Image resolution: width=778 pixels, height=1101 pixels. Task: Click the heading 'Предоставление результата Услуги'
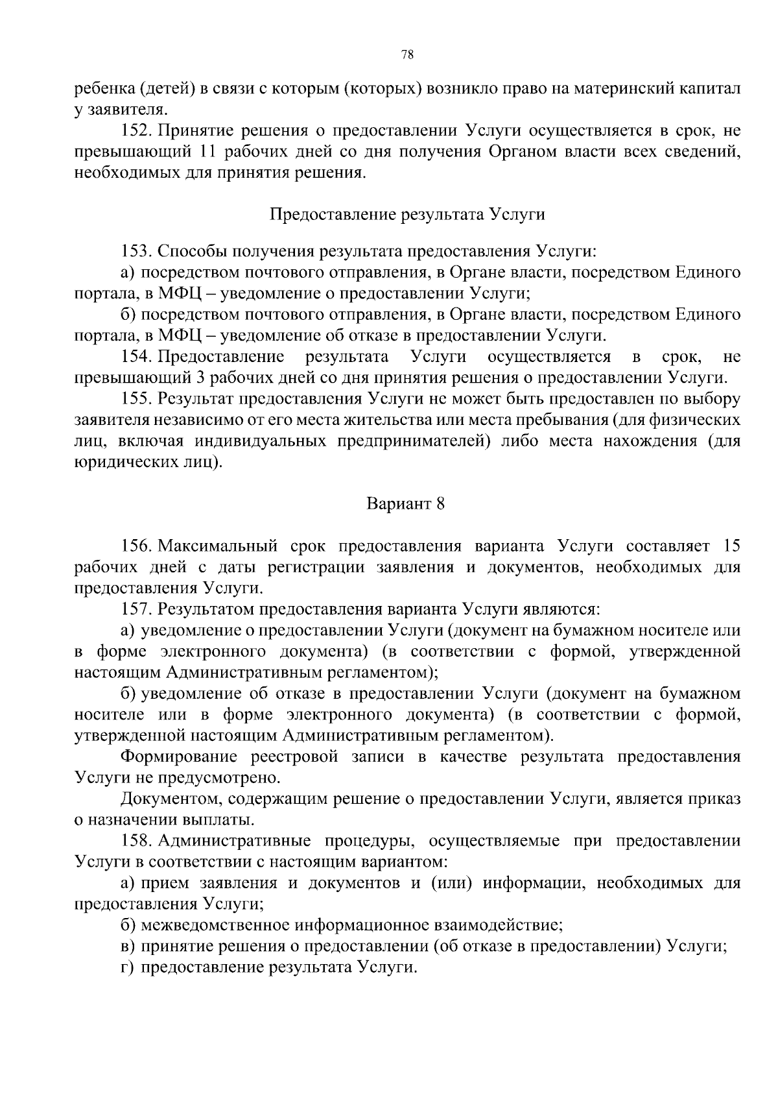[x=407, y=215]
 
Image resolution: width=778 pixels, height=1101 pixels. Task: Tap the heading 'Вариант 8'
[x=406, y=504]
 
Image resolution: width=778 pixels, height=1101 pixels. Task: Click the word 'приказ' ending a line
[x=717, y=799]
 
